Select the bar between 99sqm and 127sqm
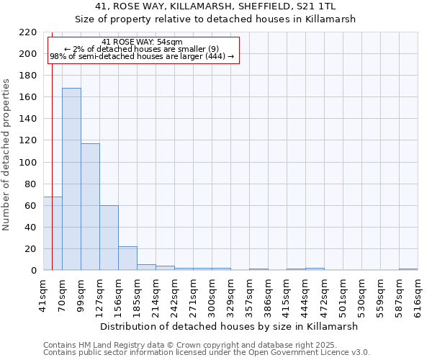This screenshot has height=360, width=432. click(x=90, y=207)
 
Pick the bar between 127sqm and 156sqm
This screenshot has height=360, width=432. click(x=109, y=238)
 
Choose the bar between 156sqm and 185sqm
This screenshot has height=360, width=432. click(x=127, y=258)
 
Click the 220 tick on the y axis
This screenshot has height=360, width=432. click(x=28, y=32)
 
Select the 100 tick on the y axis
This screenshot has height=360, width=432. click(x=28, y=163)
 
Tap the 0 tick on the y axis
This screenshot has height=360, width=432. click(x=34, y=271)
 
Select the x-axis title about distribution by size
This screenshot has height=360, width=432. click(x=230, y=326)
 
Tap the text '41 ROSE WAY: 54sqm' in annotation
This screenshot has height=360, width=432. click(x=142, y=42)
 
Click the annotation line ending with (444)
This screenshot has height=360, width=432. click(x=142, y=56)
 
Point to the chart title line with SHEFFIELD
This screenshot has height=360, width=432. click(x=215, y=6)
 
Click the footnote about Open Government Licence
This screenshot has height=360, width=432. click(x=207, y=353)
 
